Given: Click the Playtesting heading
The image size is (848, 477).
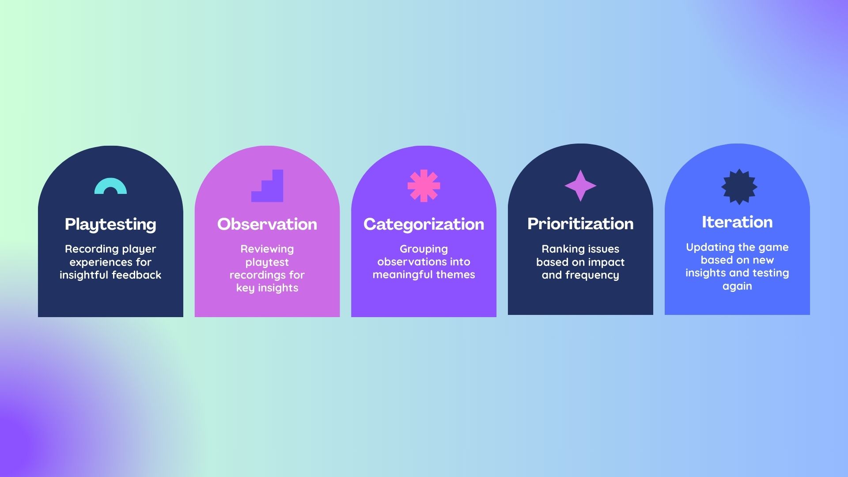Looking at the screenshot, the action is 110,224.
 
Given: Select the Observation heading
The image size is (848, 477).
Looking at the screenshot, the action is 267,224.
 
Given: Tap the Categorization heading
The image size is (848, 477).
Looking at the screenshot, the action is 424,224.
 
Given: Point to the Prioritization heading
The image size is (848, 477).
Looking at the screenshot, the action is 580,223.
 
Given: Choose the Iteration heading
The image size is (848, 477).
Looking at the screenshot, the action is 737,222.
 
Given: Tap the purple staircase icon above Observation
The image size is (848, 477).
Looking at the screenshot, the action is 267,186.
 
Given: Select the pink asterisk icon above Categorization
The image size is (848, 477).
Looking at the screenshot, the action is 424,186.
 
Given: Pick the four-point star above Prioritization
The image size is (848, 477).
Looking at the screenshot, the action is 580,185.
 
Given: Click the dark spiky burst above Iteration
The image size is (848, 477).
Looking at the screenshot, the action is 739,186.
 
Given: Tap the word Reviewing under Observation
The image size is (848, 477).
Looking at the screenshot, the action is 267,249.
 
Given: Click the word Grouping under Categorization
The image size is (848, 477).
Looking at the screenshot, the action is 424,249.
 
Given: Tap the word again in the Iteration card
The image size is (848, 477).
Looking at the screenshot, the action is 737,286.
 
